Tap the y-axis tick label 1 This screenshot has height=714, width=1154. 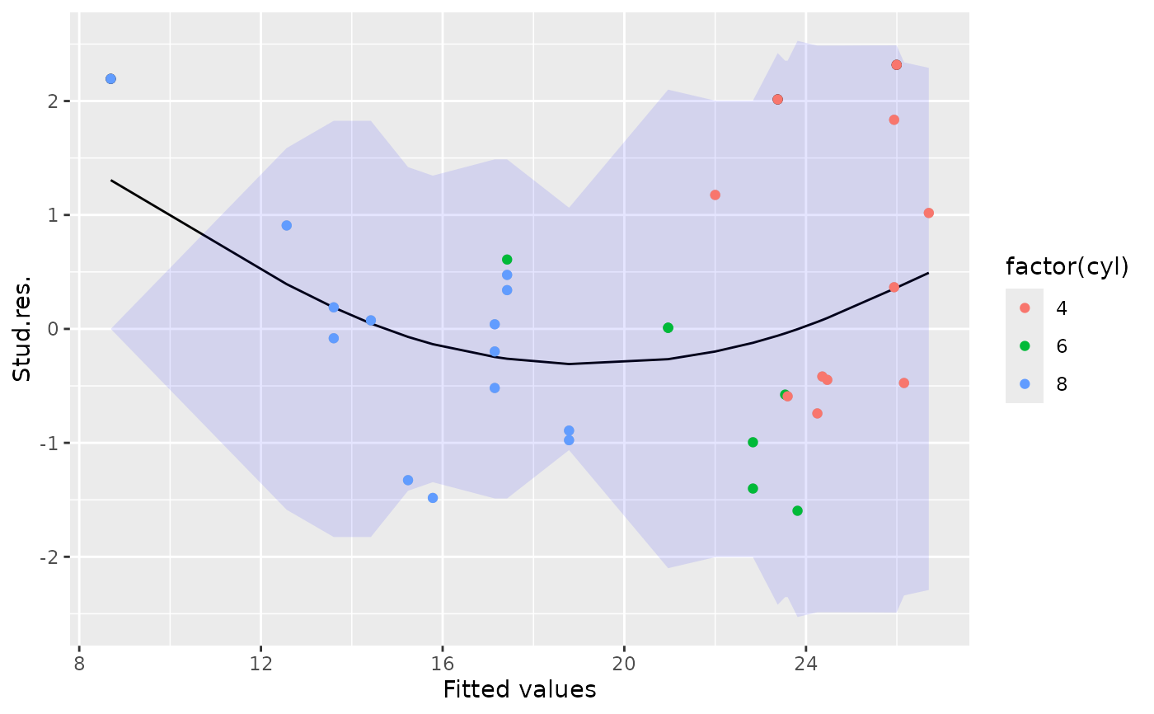coord(54,215)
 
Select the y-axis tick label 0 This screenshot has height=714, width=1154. coord(54,329)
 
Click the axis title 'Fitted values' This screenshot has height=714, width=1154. coord(519,689)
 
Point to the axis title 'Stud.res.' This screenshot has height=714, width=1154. coord(22,328)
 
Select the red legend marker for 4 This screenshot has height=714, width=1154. coord(1025,308)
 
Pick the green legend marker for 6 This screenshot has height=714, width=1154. coord(1025,345)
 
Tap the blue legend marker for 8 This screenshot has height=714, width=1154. coord(1025,383)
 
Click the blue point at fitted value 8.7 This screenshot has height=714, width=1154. coord(110,78)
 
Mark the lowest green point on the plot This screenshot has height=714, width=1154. coord(797,511)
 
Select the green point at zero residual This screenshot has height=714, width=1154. coord(668,327)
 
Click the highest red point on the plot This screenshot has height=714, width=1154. coord(897,65)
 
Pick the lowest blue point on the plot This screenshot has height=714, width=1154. coord(433,498)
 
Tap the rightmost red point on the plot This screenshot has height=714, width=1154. coord(929,213)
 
